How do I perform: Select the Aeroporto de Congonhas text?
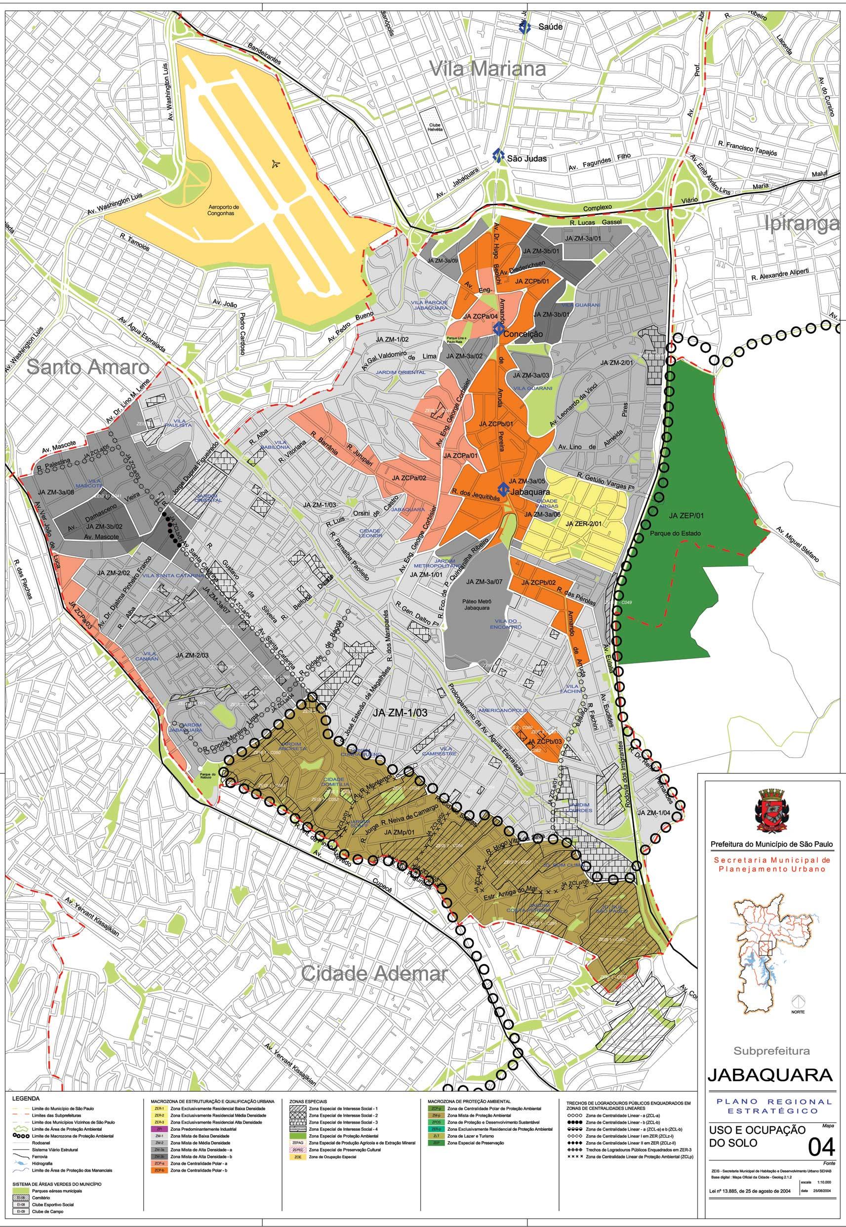(x=224, y=211)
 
